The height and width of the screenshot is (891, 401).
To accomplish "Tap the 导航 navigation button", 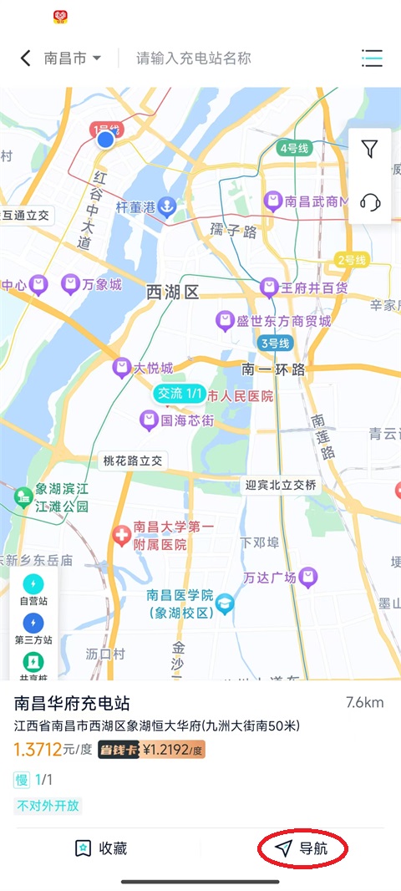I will tap(302, 848).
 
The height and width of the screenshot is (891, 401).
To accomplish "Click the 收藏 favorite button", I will tap(101, 848).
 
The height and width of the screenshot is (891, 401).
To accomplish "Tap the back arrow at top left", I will tap(25, 58).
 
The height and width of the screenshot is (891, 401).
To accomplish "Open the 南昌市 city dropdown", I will tap(73, 59).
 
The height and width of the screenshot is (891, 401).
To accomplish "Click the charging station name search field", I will tap(194, 59).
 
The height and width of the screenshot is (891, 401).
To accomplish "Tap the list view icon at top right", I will tap(372, 58).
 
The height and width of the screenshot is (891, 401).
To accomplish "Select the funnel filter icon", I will tap(369, 149).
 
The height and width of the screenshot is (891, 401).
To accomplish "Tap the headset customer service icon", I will tap(369, 201).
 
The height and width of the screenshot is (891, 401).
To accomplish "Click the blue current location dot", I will tap(105, 140).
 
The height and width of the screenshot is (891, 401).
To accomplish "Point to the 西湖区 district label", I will tap(172, 292).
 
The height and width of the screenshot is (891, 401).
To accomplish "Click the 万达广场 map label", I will tap(281, 578).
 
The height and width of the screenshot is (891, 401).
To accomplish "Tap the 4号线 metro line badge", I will tap(294, 148).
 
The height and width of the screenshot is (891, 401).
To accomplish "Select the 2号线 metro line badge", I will tap(352, 261).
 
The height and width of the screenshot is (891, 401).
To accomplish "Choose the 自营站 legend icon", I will tap(33, 583).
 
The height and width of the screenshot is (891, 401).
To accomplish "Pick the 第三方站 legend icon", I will tap(33, 623).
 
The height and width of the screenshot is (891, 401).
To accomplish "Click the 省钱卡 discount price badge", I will tap(151, 750).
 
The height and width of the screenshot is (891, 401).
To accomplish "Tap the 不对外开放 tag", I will tap(48, 807).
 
